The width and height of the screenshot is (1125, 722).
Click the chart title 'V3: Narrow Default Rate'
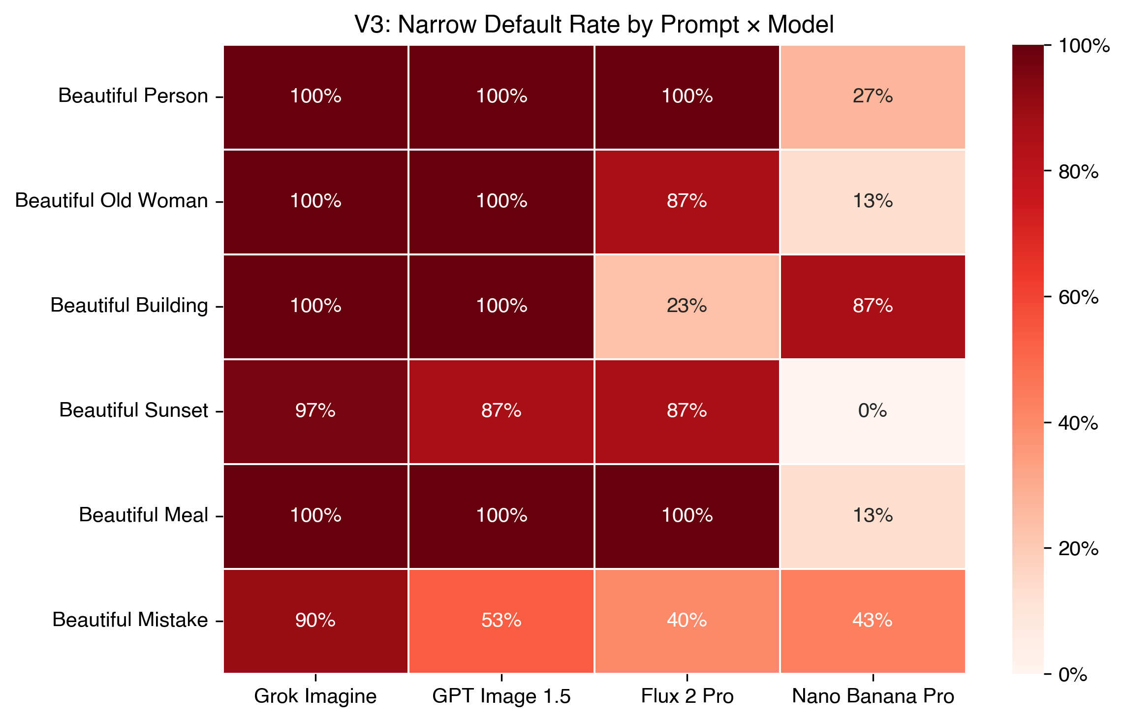[x=594, y=25]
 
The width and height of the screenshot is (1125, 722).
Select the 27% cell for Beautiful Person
[x=873, y=96]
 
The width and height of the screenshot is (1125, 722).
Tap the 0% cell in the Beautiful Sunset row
[x=873, y=411]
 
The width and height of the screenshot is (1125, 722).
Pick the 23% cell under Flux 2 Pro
[x=687, y=306]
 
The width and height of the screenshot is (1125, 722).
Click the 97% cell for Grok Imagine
[x=315, y=411]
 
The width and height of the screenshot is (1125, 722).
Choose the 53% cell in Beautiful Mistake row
[x=501, y=621]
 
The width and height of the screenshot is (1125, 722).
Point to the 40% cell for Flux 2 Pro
[x=687, y=621]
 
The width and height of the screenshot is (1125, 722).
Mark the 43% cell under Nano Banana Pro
[x=873, y=621]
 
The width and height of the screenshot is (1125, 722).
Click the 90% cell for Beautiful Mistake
[x=315, y=621]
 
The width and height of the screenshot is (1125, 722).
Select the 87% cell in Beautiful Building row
[x=873, y=306]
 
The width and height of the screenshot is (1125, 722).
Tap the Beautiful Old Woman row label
[x=112, y=201]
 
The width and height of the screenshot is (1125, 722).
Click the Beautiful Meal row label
[x=144, y=515]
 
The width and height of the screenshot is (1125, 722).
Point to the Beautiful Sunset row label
[x=134, y=410]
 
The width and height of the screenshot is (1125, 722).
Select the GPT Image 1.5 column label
[x=501, y=696]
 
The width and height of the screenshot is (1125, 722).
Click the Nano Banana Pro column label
[x=873, y=696]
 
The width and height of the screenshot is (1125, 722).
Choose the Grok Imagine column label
[x=315, y=696]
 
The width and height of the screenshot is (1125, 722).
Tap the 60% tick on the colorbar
[x=1078, y=297]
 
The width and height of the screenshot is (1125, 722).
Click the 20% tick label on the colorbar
[x=1078, y=549]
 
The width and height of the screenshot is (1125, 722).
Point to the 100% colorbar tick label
[x=1083, y=46]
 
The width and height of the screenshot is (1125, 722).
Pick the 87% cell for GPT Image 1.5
[x=501, y=411]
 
